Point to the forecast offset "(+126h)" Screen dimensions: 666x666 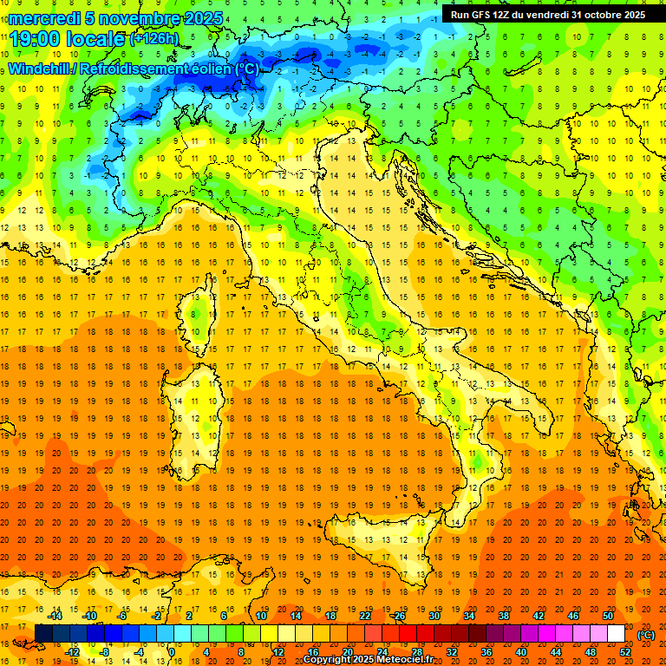point(154,39)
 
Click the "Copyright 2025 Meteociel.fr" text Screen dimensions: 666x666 point(368,659)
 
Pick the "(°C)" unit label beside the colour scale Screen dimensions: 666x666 point(645,635)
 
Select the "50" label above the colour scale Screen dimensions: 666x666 point(607,616)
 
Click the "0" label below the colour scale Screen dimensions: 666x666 point(172,652)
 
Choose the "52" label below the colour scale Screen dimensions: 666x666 point(624,652)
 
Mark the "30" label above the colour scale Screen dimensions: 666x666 point(434,616)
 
